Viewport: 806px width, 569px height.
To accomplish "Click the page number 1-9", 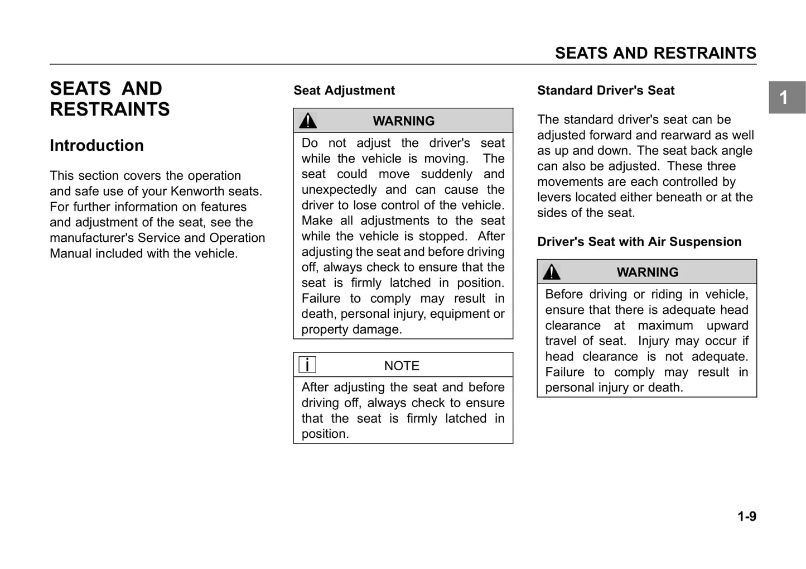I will click(x=746, y=517).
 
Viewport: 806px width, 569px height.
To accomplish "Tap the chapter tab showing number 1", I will click(x=786, y=98).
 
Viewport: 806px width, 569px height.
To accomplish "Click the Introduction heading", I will click(x=96, y=145).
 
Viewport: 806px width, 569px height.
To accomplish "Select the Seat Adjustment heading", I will click(x=344, y=90).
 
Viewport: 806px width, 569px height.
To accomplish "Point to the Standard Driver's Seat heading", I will click(x=605, y=90).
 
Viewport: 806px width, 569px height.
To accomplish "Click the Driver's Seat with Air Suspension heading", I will click(x=639, y=242).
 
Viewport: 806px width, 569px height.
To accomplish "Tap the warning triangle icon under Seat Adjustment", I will click(x=307, y=121).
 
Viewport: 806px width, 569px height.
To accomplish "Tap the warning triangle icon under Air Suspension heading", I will click(x=551, y=272).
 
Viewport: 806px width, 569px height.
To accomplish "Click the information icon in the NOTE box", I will click(x=307, y=365).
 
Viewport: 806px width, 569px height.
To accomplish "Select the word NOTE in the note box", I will click(x=402, y=366).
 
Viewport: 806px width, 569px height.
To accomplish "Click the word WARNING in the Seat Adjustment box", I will click(x=403, y=121).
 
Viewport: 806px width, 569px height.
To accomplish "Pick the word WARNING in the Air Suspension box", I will click(x=647, y=272).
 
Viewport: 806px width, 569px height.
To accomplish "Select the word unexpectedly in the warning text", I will click(x=339, y=190).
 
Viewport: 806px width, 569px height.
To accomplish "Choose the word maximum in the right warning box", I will click(x=665, y=326).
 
